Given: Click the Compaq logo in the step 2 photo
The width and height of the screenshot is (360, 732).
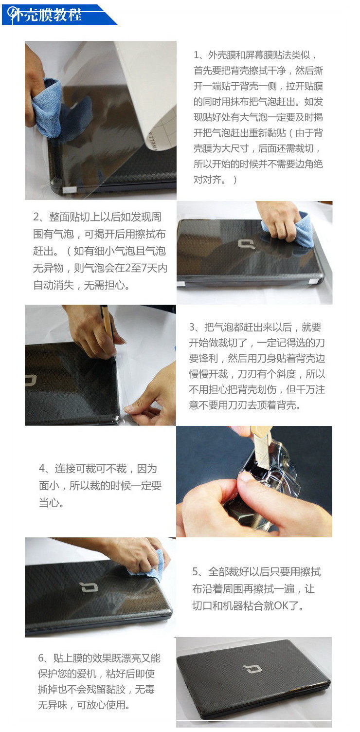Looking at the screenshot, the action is point(246,244).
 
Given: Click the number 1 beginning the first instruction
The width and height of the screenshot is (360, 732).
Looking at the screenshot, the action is point(197,55).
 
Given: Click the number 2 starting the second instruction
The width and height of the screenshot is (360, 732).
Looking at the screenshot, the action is point(36,217).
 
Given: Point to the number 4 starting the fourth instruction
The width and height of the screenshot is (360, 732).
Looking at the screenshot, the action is point(42,469).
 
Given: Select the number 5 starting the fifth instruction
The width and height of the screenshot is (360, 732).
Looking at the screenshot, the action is point(195,571).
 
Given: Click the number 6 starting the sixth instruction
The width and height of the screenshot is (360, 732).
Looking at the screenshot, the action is point(41,658).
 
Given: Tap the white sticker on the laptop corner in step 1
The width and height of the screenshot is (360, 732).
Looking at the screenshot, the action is point(70,189).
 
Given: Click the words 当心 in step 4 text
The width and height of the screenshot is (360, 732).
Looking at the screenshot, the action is point(49,502).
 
